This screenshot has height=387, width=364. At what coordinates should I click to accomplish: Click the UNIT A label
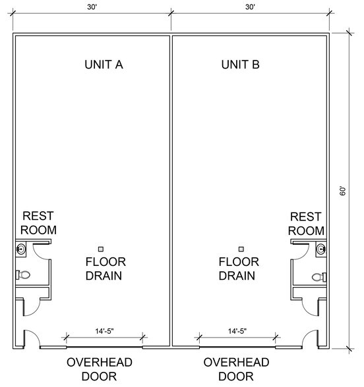[x=104, y=64]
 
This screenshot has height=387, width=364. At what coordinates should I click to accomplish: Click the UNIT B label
[x=240, y=64]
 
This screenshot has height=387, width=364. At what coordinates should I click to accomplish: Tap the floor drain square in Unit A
[x=101, y=249]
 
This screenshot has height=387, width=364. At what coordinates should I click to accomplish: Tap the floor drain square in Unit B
[x=241, y=249]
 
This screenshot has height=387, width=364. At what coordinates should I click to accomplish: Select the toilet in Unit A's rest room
[x=23, y=274]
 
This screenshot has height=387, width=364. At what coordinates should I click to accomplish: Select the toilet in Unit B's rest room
[x=319, y=277]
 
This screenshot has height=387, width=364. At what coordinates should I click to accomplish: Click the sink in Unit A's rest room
[x=21, y=249]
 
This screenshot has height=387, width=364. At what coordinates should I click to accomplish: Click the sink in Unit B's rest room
[x=321, y=249]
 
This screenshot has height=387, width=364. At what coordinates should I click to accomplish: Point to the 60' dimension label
[x=342, y=191]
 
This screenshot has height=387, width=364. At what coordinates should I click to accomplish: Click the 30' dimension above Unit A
[x=92, y=7]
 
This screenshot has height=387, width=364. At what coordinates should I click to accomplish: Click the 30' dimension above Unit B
[x=250, y=7]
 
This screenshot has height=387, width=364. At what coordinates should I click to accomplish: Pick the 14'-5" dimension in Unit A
[x=104, y=330]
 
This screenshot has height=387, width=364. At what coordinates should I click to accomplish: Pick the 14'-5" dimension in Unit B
[x=237, y=330]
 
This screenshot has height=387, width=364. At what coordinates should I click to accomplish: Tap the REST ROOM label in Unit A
[x=38, y=223]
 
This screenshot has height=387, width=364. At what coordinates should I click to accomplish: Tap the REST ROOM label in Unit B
[x=306, y=224]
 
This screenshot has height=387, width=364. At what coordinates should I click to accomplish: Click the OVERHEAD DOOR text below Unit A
[x=100, y=369]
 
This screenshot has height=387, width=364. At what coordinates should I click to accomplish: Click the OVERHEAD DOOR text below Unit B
[x=236, y=369]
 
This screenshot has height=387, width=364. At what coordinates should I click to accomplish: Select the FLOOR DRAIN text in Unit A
[x=106, y=269]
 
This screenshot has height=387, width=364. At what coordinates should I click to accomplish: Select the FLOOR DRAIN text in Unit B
[x=239, y=269]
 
